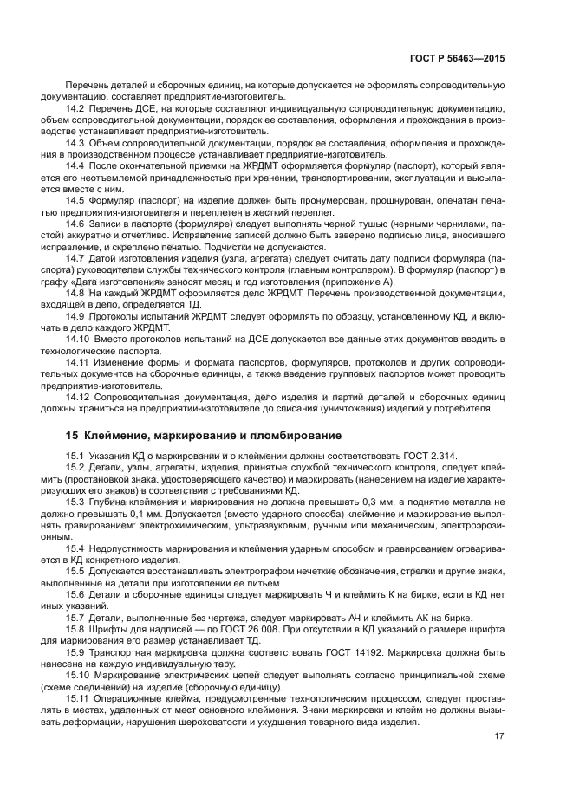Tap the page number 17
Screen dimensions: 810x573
499,737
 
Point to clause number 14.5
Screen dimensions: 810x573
75,199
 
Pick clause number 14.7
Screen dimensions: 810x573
75,258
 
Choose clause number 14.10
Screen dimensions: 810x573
78,342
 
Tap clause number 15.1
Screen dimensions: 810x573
75,455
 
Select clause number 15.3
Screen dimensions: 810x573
75,502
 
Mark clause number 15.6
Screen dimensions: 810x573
75,594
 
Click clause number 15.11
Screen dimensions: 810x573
78,697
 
